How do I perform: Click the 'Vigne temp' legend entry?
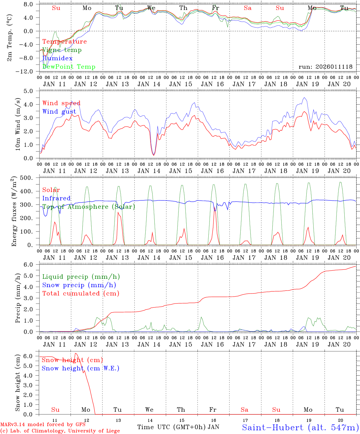tap(62, 50)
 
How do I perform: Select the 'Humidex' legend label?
tap(57, 58)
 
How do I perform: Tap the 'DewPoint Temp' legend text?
tap(69, 67)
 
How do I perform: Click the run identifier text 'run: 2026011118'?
tap(325, 67)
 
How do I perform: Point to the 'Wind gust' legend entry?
tap(59, 112)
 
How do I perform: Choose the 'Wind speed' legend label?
tap(61, 103)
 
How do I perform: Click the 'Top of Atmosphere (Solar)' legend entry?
tap(88, 207)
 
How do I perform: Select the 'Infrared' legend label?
tap(56, 198)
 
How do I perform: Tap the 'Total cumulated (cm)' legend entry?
tap(81, 293)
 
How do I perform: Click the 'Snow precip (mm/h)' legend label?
tap(79, 285)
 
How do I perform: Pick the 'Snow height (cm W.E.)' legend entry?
tap(80, 368)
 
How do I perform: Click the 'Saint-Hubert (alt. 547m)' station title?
tap(300, 427)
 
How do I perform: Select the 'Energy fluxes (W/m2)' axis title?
tap(14, 212)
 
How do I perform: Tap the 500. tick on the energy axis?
tap(30, 178)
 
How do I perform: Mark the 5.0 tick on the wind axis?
tap(32, 91)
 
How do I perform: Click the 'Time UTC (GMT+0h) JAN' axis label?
tap(178, 427)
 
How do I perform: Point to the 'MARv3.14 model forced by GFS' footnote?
tap(43, 425)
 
